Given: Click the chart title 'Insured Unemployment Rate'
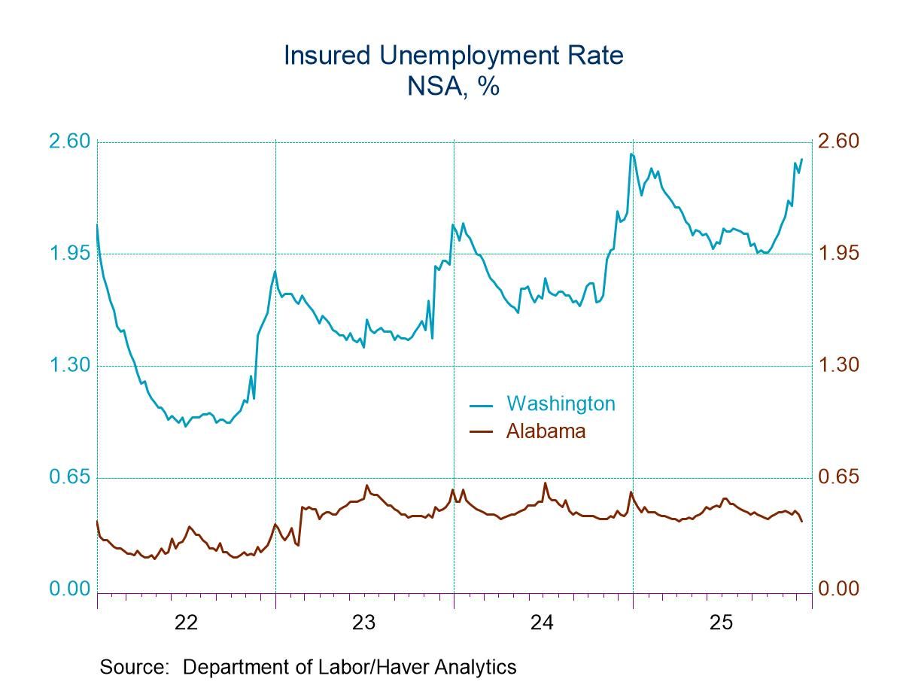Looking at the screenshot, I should point(454,56).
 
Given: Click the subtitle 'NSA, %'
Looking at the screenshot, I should point(454,86).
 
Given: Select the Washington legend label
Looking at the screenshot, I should point(560,403).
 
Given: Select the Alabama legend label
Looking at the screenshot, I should point(546,431).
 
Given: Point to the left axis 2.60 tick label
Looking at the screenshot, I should point(69,142).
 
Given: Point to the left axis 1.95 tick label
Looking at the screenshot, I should point(69,254).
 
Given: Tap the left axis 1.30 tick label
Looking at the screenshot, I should point(69,365).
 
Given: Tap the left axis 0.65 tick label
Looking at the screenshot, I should point(69,477).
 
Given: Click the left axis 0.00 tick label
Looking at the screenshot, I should point(69,589).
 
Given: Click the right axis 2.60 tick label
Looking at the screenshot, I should point(838,142).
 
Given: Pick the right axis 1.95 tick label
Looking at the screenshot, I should point(838,254).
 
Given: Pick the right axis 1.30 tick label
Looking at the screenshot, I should point(838,365).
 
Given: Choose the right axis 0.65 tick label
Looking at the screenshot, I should point(838,477).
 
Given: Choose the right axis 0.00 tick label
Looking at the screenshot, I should point(838,589).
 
